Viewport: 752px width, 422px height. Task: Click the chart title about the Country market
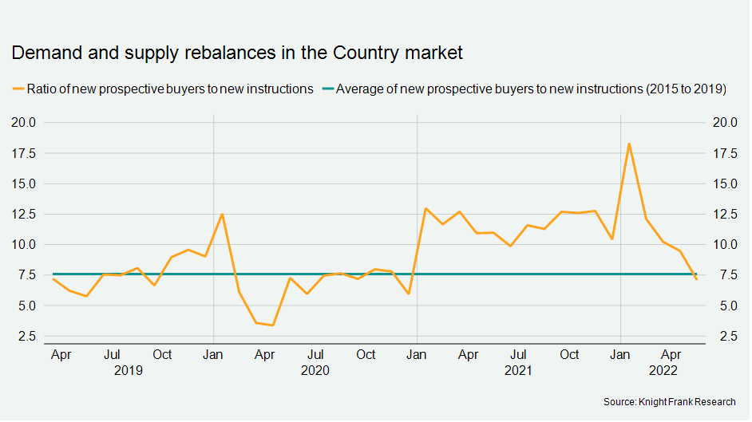pos(236,53)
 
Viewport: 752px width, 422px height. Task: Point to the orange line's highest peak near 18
pos(629,144)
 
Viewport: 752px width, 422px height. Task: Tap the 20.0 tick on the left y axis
pos(22,122)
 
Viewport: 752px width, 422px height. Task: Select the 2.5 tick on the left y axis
pos(26,337)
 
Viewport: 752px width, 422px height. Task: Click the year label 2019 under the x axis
pos(128,370)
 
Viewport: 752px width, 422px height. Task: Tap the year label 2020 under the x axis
pos(315,370)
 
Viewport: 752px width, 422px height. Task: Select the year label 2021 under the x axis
pos(519,370)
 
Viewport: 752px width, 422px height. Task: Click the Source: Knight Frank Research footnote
pos(670,401)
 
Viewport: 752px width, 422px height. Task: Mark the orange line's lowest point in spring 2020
pos(273,325)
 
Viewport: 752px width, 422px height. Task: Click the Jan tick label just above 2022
pos(620,354)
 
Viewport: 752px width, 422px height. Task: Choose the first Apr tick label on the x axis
pos(61,354)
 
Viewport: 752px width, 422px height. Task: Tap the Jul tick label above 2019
pos(113,354)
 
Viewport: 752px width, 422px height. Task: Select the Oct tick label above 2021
pos(569,354)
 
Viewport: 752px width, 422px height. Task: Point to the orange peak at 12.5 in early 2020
pos(222,214)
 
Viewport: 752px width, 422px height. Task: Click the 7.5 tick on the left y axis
pos(26,275)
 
